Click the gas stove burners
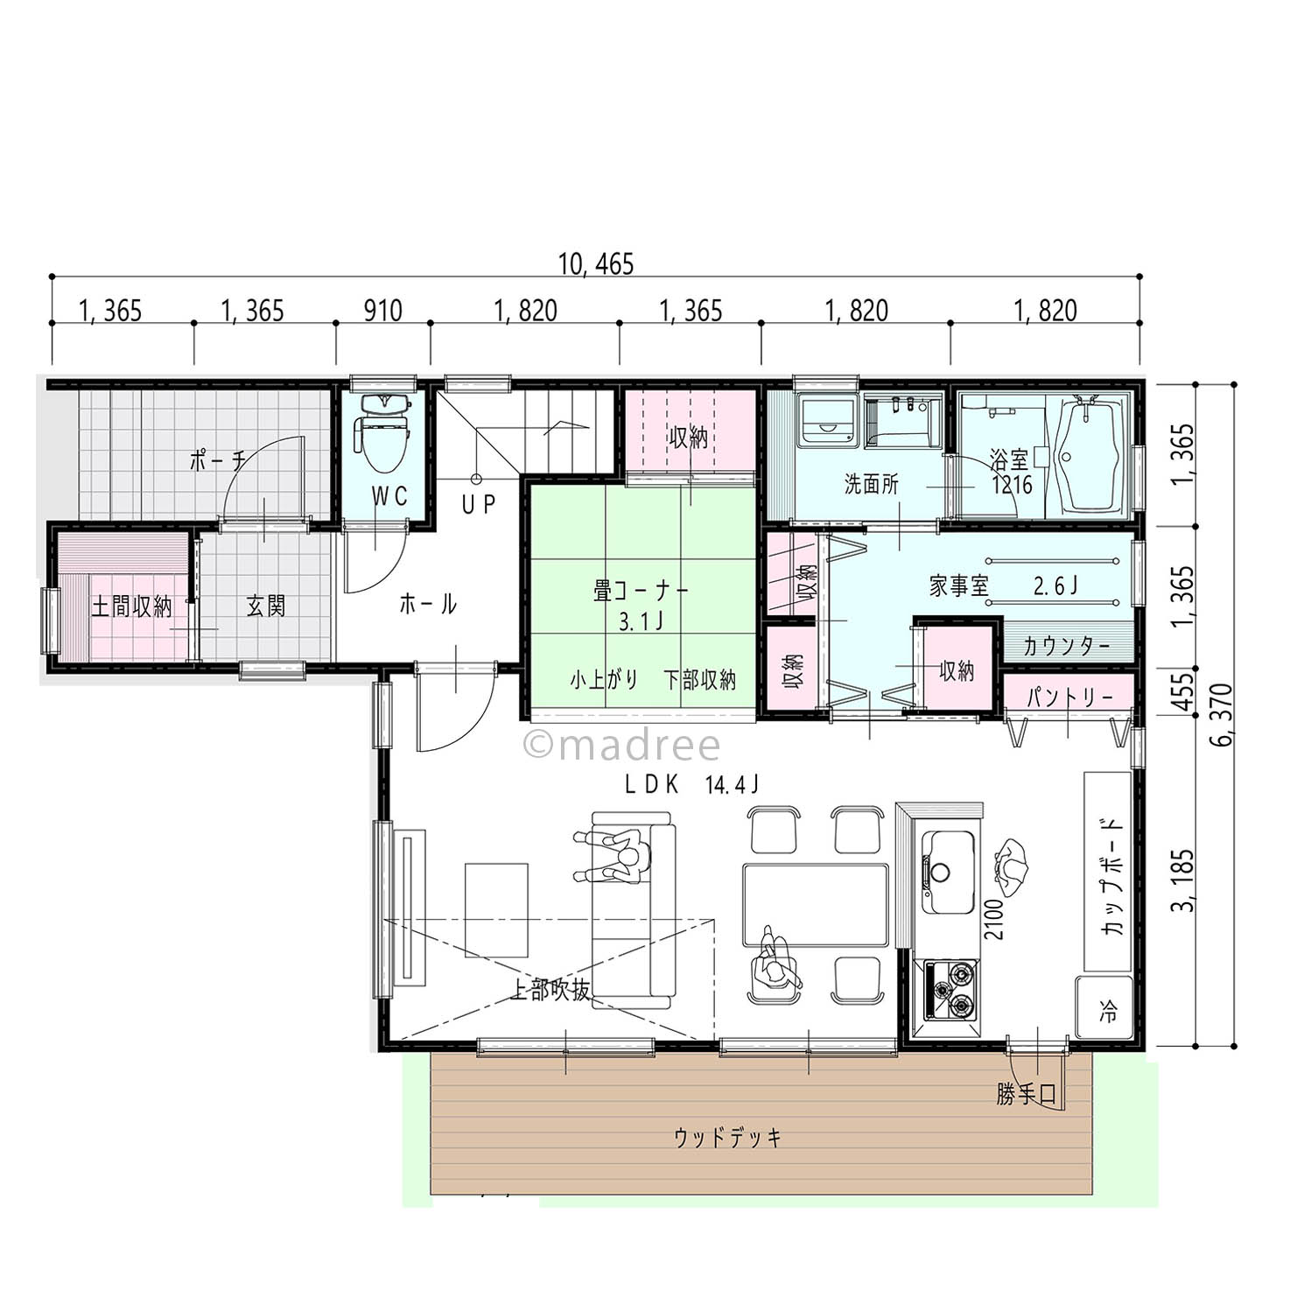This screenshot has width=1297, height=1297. [949, 989]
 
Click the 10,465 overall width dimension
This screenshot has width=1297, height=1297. [595, 264]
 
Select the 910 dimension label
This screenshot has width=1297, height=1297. [382, 311]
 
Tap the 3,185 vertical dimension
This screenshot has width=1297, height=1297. [1186, 880]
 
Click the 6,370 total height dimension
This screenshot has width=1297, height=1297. [1223, 714]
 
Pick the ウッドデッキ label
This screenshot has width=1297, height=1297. [727, 1137]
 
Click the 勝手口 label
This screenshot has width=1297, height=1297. [1026, 1094]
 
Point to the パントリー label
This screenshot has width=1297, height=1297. [1069, 698]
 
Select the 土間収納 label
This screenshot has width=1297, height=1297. [132, 606]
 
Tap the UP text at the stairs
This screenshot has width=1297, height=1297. [479, 504]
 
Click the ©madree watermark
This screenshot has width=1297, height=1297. [621, 746]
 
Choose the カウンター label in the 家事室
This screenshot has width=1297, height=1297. [1066, 647]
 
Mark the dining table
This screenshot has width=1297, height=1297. [816, 905]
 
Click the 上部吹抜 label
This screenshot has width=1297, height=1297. [551, 990]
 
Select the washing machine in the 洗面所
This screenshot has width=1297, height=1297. [827, 420]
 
